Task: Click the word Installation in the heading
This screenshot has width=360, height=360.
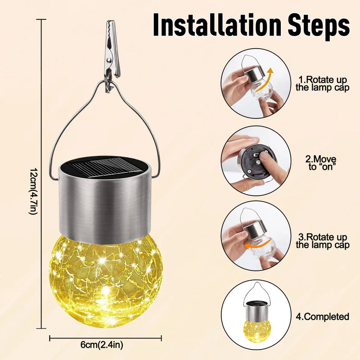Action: click(217, 25)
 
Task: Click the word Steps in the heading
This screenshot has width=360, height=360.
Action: click(319, 27)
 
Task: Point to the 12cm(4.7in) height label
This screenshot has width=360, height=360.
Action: click(33, 191)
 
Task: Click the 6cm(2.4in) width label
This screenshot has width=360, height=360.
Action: click(102, 345)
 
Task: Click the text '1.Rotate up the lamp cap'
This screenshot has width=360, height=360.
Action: click(322, 84)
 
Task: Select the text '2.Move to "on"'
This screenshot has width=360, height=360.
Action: click(320, 163)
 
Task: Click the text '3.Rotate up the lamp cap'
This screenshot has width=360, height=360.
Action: click(322, 241)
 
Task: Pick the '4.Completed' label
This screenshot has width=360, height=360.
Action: click(322, 317)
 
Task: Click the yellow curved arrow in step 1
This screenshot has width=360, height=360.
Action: click(265, 81)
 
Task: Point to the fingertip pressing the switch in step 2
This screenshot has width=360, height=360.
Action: click(264, 158)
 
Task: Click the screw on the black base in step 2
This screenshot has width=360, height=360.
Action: click(249, 171)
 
